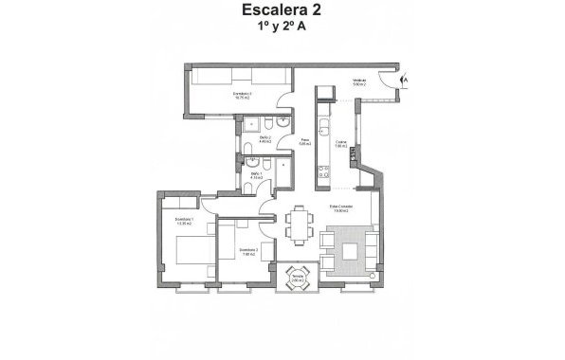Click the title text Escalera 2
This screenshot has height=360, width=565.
click(x=282, y=11)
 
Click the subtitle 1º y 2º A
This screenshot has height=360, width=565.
click(x=282, y=28)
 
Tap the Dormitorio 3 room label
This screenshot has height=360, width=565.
click(x=223, y=95)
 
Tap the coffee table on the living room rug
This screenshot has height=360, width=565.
click(x=352, y=251)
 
